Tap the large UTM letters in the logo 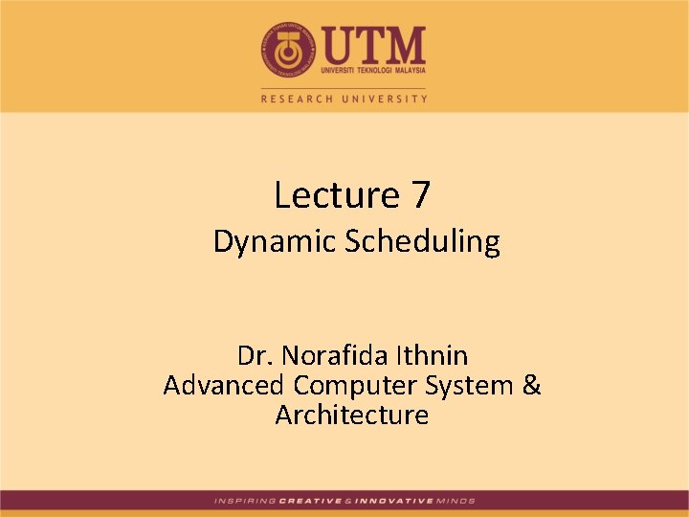[373, 43]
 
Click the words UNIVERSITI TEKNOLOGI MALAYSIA [373, 70]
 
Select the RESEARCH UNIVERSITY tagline [344, 98]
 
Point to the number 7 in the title [421, 195]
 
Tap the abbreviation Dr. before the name [254, 356]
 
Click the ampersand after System [532, 386]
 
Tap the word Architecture [351, 416]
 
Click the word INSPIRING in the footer [245, 501]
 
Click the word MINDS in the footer [456, 501]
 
